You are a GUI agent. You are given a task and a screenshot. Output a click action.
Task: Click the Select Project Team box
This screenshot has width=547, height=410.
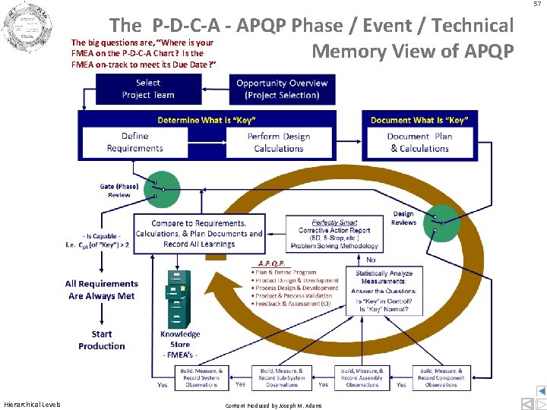(x=148, y=89)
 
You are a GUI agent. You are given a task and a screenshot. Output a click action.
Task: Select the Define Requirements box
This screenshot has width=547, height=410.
(x=135, y=142)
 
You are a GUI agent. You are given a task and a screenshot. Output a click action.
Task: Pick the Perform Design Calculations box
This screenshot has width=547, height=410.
(x=279, y=142)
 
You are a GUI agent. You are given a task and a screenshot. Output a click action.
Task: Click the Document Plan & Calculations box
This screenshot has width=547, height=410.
(x=420, y=142)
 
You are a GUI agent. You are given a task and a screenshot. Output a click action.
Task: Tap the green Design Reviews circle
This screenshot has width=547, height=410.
(x=441, y=222)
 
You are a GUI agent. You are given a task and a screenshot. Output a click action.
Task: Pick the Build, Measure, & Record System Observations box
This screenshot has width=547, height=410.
(x=201, y=377)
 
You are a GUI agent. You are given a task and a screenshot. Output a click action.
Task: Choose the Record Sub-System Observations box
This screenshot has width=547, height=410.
(x=282, y=377)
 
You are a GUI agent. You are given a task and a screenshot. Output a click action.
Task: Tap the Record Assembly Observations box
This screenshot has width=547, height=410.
(x=362, y=377)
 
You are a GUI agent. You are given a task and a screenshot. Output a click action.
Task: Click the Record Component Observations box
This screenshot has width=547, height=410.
(x=441, y=377)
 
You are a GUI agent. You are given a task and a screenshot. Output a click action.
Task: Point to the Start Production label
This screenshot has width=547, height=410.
(x=101, y=339)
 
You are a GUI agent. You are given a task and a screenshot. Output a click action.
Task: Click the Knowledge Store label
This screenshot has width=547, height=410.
(x=180, y=339)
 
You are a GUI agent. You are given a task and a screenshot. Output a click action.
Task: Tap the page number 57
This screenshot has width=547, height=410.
(x=537, y=5)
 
